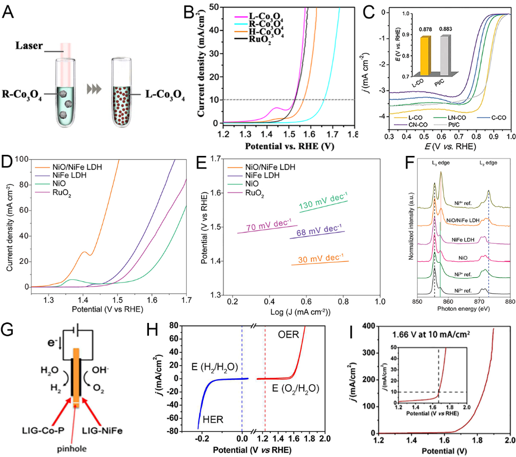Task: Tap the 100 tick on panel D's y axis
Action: [x=22, y=159]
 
